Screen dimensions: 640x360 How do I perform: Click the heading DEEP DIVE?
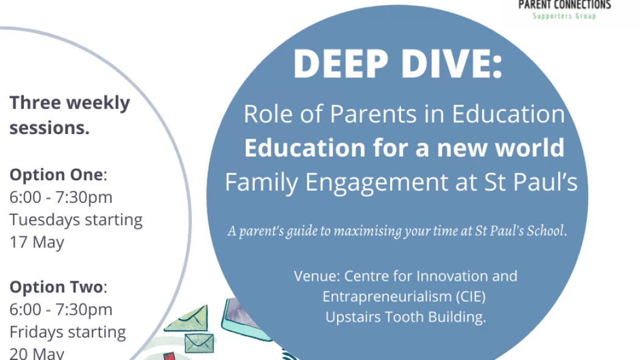pyautogui.click(x=398, y=64)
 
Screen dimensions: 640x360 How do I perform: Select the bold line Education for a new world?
pyautogui.click(x=404, y=147)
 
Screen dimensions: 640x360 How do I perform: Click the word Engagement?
pyautogui.click(x=376, y=183)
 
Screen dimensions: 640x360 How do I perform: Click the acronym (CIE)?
pyautogui.click(x=471, y=297)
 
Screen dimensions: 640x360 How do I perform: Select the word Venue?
pyautogui.click(x=317, y=276)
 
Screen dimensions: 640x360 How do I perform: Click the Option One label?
pyautogui.click(x=56, y=175)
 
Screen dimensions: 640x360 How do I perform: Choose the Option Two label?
pyautogui.click(x=56, y=287)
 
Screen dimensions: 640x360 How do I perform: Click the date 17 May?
pyautogui.click(x=37, y=242)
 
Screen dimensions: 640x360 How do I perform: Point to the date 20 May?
pyautogui.click(x=37, y=353)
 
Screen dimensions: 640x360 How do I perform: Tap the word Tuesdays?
pyautogui.click(x=45, y=220)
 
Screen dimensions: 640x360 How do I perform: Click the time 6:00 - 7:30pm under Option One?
pyautogui.click(x=61, y=197)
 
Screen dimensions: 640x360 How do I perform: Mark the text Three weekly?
pyautogui.click(x=70, y=103)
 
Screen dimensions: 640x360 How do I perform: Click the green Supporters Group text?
pyautogui.click(x=564, y=16)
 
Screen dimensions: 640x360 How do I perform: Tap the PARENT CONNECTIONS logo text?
pyautogui.click(x=564, y=5)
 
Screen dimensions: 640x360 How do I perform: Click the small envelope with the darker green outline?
pyautogui.click(x=199, y=344)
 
